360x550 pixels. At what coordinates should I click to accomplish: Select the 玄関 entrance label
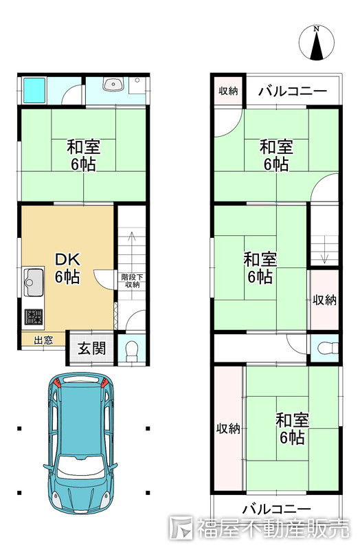(x=91, y=348)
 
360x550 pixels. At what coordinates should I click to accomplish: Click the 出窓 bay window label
(x=43, y=339)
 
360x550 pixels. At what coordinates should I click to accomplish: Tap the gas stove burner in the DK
(x=33, y=318)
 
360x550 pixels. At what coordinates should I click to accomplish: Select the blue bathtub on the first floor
(x=33, y=89)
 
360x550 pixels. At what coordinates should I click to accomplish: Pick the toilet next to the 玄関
(x=133, y=349)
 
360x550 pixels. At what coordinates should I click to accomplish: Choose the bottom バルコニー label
(x=276, y=509)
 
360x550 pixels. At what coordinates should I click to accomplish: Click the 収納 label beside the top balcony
(x=229, y=91)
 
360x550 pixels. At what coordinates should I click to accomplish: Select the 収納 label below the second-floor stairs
(x=325, y=300)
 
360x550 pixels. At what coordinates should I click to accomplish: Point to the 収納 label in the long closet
(x=228, y=429)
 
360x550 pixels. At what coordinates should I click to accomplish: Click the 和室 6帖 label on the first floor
(x=82, y=155)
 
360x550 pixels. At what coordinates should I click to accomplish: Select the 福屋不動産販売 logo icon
(x=183, y=528)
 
